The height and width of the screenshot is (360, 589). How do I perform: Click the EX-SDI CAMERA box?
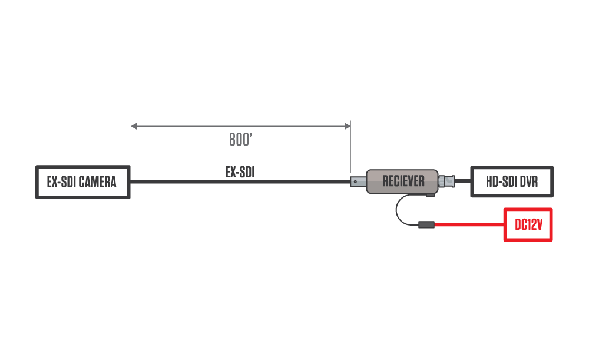(82, 182)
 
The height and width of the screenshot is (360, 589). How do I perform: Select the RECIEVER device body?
(403, 181)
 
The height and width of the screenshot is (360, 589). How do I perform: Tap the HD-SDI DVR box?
(512, 181)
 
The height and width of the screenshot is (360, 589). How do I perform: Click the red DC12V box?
(528, 224)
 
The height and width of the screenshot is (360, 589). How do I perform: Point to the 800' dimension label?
(241, 140)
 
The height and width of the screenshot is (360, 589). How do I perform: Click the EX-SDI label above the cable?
(240, 172)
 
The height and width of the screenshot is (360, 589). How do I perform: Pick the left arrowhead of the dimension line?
(134, 125)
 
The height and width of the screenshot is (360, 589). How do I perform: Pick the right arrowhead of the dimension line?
(348, 125)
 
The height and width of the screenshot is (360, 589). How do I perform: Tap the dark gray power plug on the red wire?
(426, 224)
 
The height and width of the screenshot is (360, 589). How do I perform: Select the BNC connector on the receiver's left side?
(358, 181)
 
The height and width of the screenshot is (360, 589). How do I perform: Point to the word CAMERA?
(97, 182)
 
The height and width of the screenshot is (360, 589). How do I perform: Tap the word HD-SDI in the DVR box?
(500, 181)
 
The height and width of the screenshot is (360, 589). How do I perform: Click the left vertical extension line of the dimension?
(131, 144)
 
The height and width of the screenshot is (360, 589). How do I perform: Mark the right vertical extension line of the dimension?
(350, 147)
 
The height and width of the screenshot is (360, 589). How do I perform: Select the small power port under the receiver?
(431, 194)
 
